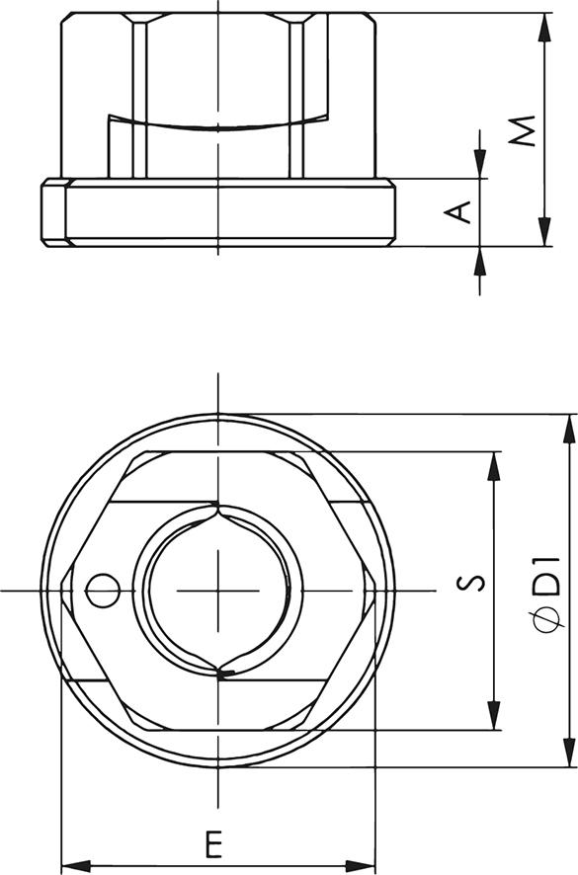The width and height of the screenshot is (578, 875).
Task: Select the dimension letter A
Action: (x=459, y=211)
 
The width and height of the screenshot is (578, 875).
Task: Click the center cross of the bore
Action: (x=217, y=590)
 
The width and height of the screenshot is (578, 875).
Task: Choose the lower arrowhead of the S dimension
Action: (x=493, y=720)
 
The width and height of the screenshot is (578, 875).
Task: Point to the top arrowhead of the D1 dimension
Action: (x=568, y=426)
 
